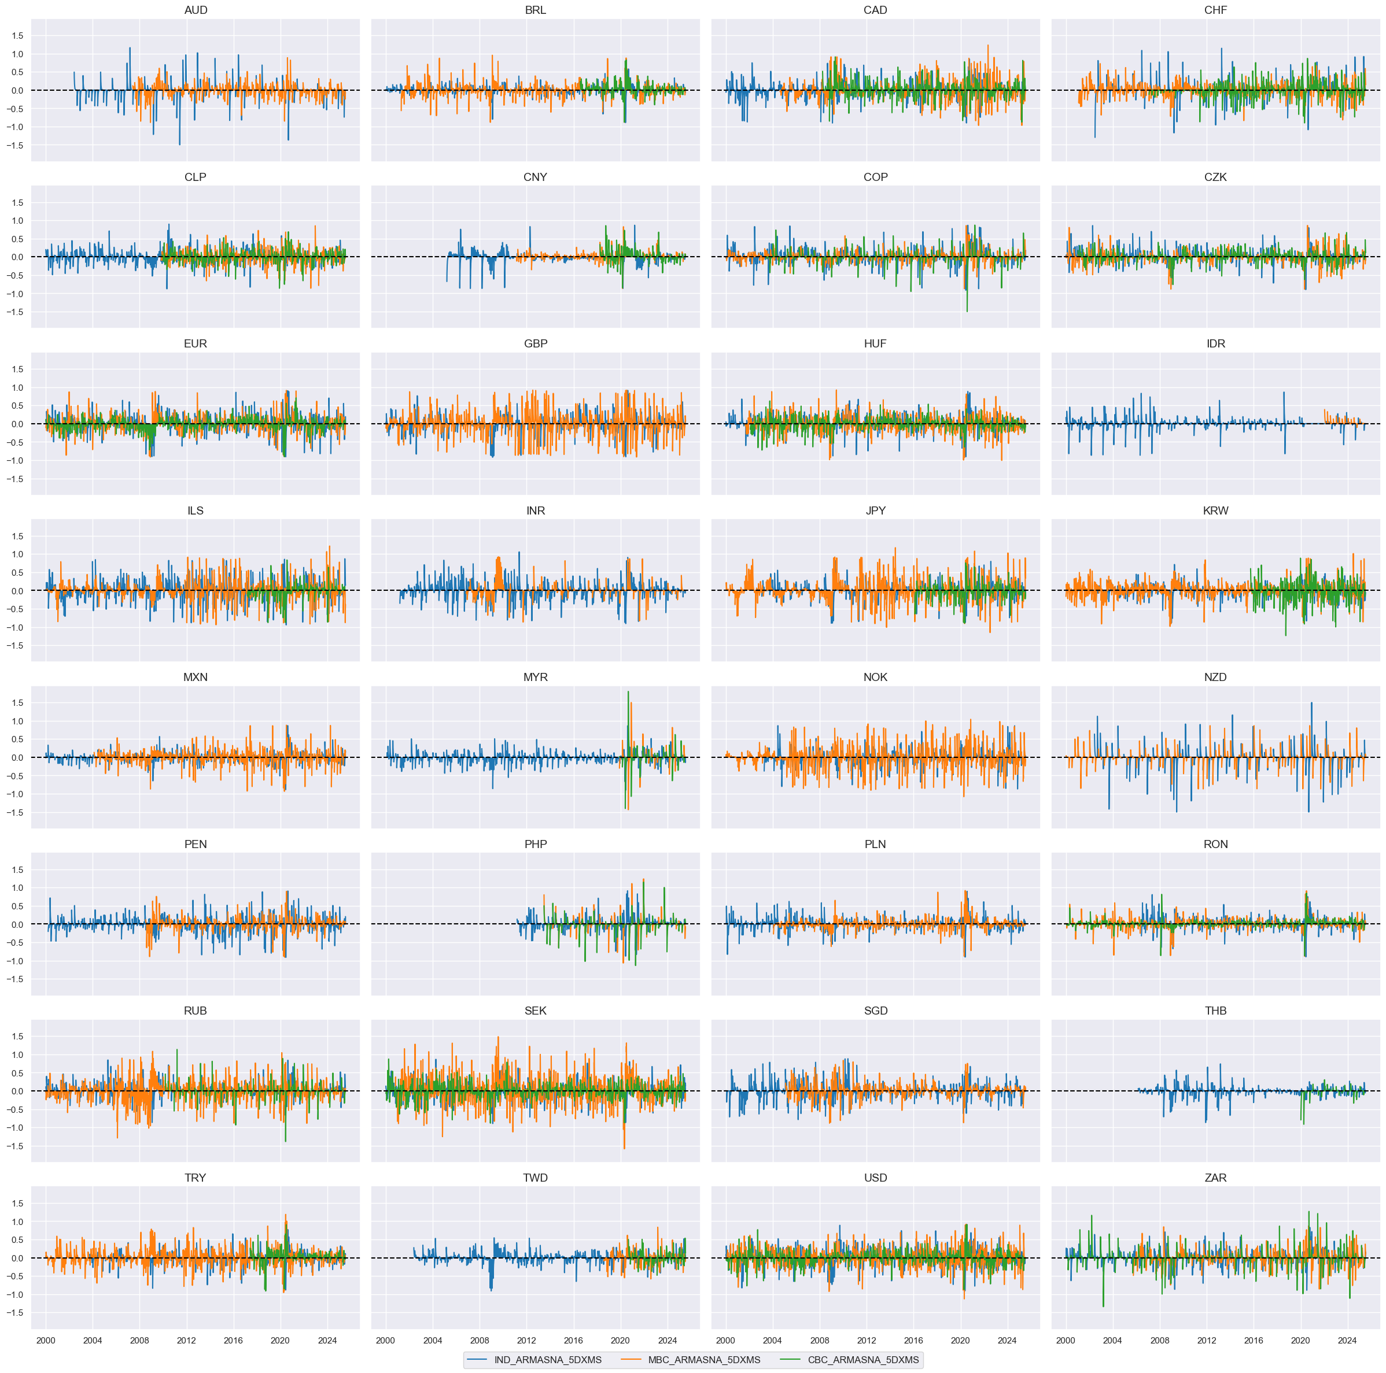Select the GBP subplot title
(x=535, y=343)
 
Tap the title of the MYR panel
(x=535, y=677)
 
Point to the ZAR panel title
(x=1215, y=1178)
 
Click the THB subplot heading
(x=1215, y=1011)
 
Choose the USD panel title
(x=875, y=1178)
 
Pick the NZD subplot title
(x=1215, y=677)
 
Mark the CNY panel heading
(x=535, y=177)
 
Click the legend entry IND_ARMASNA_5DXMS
(x=547, y=1359)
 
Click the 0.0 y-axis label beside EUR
(x=18, y=424)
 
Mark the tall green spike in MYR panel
(x=628, y=693)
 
